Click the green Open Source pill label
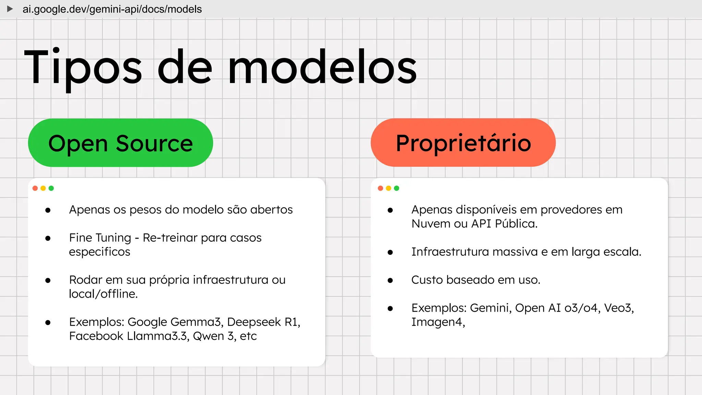pyautogui.click(x=120, y=143)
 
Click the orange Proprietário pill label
pyautogui.click(x=463, y=143)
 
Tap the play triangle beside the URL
pyautogui.click(x=10, y=9)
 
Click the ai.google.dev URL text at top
pyautogui.click(x=112, y=9)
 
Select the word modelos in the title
pyautogui.click(x=322, y=67)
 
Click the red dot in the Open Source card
pyautogui.click(x=35, y=188)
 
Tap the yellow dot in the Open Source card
pyautogui.click(x=43, y=188)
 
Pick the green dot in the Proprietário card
pyautogui.click(x=397, y=188)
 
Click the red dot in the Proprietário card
pyautogui.click(x=380, y=188)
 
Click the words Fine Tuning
pyautogui.click(x=100, y=238)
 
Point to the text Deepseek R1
pyautogui.click(x=263, y=322)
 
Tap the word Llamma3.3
pyautogui.click(x=157, y=336)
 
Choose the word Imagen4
pyautogui.click(x=437, y=322)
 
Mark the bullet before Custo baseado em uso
pyautogui.click(x=390, y=280)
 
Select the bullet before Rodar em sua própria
pyautogui.click(x=48, y=280)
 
